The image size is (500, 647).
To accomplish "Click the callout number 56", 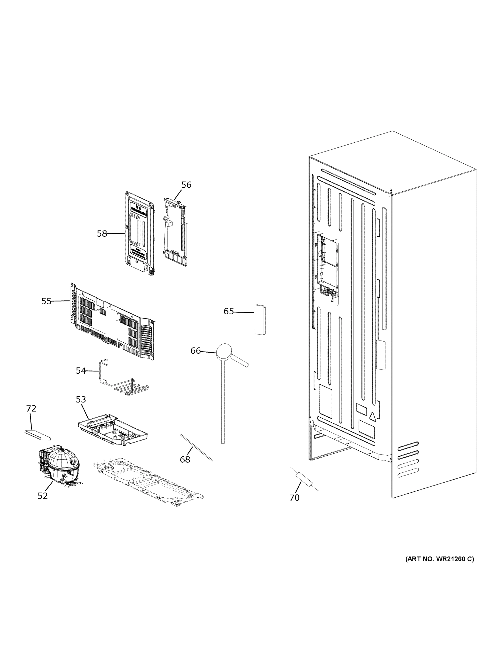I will [186, 185].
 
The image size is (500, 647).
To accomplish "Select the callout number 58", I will [102, 234].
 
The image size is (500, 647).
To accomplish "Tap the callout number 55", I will [46, 301].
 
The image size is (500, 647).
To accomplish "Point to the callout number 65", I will [228, 311].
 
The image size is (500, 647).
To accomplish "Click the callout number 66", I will [195, 351].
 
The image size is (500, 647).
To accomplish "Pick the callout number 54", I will [81, 371].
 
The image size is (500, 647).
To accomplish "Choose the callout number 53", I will [81, 400].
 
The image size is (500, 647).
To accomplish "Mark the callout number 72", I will [31, 408].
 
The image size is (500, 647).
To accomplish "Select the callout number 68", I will [185, 459].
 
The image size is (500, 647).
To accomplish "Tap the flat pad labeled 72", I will [37, 435].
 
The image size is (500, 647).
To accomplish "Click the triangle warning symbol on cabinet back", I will [372, 417].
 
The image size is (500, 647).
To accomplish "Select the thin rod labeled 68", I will [196, 448].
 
